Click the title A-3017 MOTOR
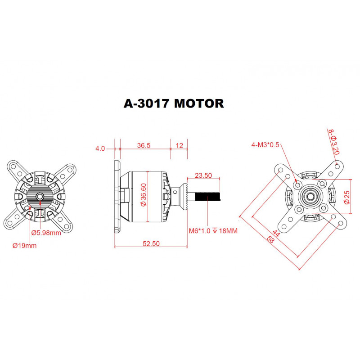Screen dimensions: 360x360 coord(174,103)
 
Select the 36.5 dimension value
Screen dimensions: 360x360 coord(143,146)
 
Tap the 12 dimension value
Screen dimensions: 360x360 coord(180,146)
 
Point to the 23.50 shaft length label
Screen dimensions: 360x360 coord(203,175)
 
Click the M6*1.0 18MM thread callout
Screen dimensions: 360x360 coord(213,231)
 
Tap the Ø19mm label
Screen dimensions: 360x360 coord(25,246)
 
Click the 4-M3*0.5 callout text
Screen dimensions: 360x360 coord(266,144)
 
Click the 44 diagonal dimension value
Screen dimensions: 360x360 coord(276,234)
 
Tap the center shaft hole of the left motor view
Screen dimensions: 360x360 coord(40,196)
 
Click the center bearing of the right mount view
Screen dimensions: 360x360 coord(310,196)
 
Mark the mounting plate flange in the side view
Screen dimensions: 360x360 coord(117,197)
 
